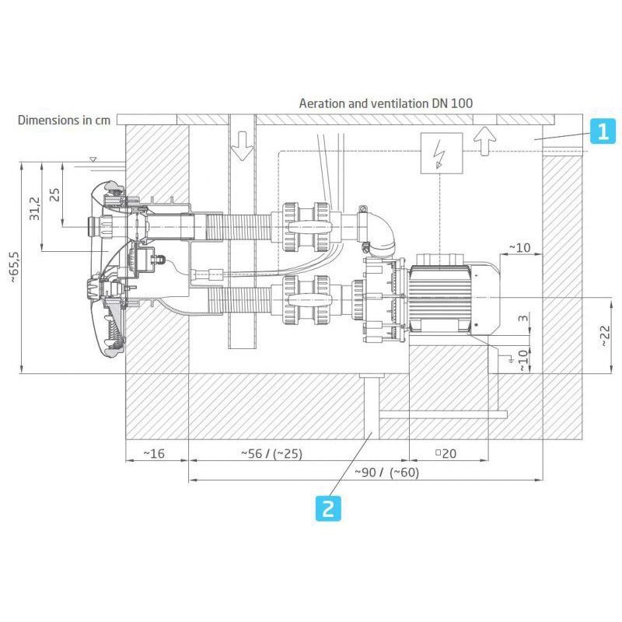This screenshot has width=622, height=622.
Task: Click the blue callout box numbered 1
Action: pyautogui.click(x=603, y=131)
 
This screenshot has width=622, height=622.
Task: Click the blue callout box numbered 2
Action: pyautogui.click(x=328, y=508)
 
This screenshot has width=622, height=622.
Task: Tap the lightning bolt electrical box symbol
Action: pyautogui.click(x=442, y=153)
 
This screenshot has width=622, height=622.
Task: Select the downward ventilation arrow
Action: pyautogui.click(x=242, y=145)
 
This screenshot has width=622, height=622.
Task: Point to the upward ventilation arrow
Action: pyautogui.click(x=484, y=141)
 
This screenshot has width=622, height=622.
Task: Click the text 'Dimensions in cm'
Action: pyautogui.click(x=65, y=120)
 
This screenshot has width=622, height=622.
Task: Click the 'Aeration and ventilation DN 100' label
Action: pyautogui.click(x=386, y=103)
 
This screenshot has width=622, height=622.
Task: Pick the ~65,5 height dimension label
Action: pyautogui.click(x=14, y=267)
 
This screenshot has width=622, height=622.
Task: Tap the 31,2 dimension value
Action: pyautogui.click(x=35, y=208)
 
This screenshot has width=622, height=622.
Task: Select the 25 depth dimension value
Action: pyautogui.click(x=54, y=194)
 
